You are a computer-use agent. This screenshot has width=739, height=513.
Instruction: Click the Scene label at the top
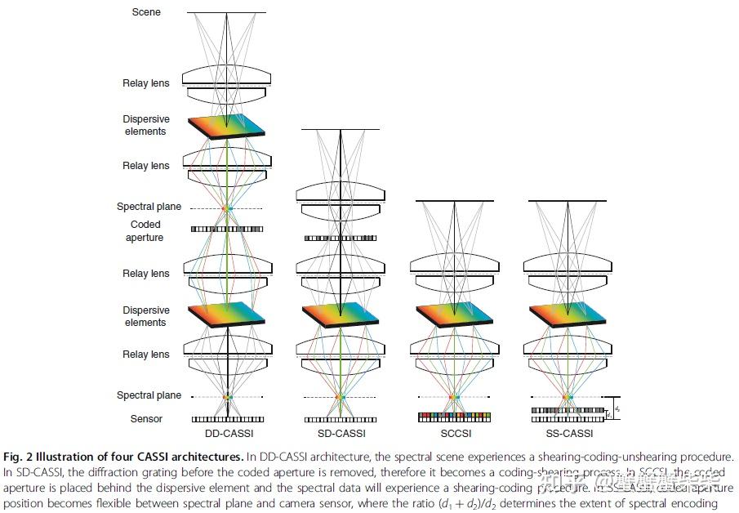pyautogui.click(x=146, y=12)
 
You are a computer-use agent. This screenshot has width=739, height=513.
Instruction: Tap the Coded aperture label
pyautogui.click(x=145, y=231)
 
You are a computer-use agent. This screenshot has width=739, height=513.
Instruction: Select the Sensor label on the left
pyautogui.click(x=146, y=419)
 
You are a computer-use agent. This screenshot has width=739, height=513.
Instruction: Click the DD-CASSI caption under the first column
pyautogui.click(x=226, y=433)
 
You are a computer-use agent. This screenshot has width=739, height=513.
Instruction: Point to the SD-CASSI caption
pyautogui.click(x=341, y=433)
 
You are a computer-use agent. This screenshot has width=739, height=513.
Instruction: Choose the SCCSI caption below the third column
pyautogui.click(x=454, y=433)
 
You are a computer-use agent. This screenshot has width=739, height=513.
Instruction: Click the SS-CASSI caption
pyautogui.click(x=569, y=433)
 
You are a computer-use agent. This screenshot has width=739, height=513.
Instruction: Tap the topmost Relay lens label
pyautogui.click(x=146, y=83)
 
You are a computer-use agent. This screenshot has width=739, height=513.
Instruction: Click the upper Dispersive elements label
pyautogui.click(x=145, y=125)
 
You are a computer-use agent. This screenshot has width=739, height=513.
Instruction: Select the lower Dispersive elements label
pyautogui.click(x=146, y=316)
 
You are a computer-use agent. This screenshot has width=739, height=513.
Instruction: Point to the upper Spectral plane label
pyautogui.click(x=149, y=207)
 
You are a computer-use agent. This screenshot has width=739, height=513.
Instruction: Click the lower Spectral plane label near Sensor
pyautogui.click(x=149, y=395)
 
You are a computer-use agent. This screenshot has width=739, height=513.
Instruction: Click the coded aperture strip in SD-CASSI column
pyautogui.click(x=341, y=239)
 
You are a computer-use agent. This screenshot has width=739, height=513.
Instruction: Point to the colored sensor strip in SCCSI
pyautogui.click(x=454, y=417)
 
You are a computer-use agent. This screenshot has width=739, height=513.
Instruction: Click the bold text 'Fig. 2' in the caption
pyautogui.click(x=18, y=456)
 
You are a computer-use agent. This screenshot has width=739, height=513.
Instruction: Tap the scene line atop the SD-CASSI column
pyautogui.click(x=341, y=129)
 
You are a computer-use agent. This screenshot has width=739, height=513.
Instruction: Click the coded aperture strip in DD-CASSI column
pyautogui.click(x=227, y=230)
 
